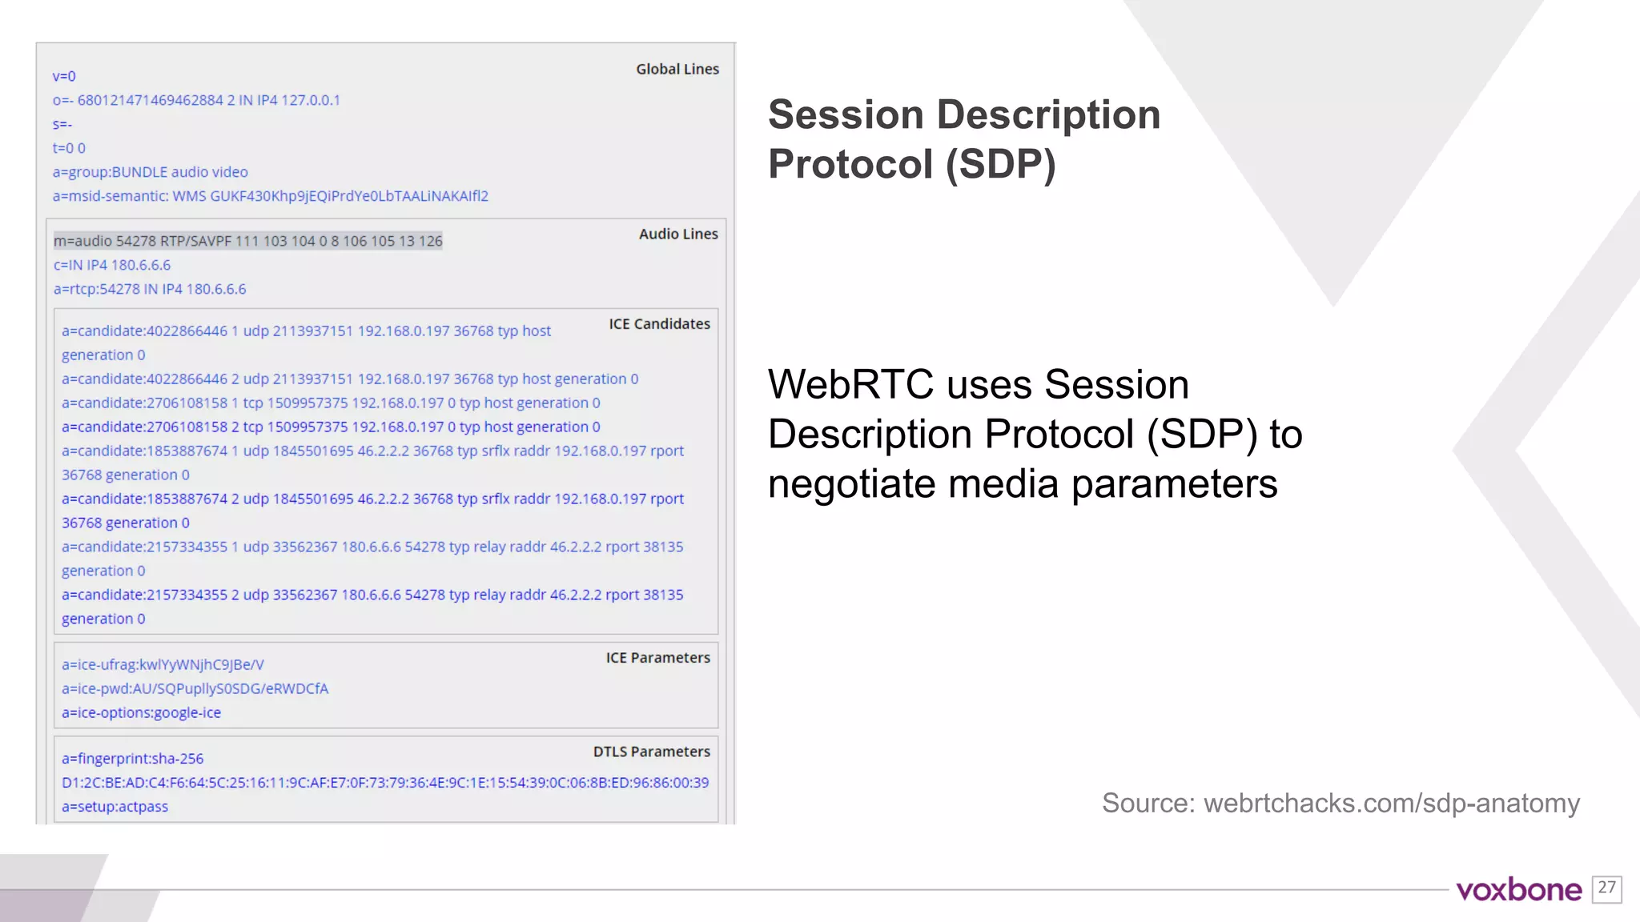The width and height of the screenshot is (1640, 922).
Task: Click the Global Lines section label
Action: pyautogui.click(x=677, y=70)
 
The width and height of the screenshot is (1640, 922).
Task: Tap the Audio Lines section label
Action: pyautogui.click(x=678, y=235)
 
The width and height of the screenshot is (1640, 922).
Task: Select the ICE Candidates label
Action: pyautogui.click(x=659, y=324)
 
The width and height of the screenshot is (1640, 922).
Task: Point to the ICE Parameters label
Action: pyautogui.click(x=657, y=658)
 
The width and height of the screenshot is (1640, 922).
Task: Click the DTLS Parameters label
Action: pyautogui.click(x=651, y=752)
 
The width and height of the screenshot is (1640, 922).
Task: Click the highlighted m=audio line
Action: pyautogui.click(x=247, y=241)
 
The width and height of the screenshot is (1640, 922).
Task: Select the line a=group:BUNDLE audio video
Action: pyautogui.click(x=151, y=172)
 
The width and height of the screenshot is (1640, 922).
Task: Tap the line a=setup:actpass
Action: pyautogui.click(x=115, y=807)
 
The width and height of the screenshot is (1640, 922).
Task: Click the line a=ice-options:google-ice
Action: pyautogui.click(x=141, y=712)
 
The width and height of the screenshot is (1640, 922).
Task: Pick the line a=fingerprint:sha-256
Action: pyautogui.click(x=132, y=759)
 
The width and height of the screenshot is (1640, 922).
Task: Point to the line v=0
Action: pyautogui.click(x=64, y=77)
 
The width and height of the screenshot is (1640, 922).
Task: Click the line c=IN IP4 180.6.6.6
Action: pyautogui.click(x=112, y=265)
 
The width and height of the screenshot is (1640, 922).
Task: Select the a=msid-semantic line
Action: pyautogui.click(x=270, y=196)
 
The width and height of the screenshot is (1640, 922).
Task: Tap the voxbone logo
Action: pyautogui.click(x=1518, y=890)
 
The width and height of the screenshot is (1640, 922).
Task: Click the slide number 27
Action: pyautogui.click(x=1606, y=888)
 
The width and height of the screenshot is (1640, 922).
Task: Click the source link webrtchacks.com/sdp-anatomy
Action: pyautogui.click(x=1391, y=803)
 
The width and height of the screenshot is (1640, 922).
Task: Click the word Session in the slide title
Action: pyautogui.click(x=846, y=114)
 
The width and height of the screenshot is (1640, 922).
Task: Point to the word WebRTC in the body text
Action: pyautogui.click(x=850, y=385)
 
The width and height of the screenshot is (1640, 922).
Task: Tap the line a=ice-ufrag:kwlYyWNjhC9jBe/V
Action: pyautogui.click(x=163, y=665)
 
